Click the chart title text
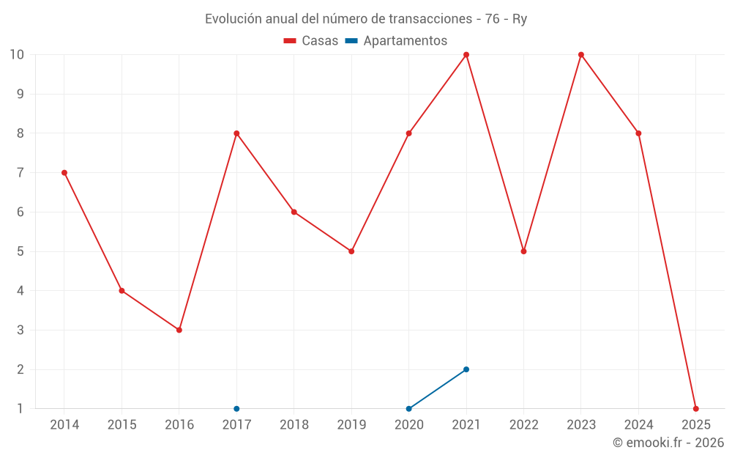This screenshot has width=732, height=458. tap(366, 19)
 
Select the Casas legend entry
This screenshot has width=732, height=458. tap(311, 41)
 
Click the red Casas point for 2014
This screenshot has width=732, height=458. tap(64, 173)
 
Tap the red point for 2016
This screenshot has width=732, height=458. tap(179, 330)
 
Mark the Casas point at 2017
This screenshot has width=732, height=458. tap(236, 133)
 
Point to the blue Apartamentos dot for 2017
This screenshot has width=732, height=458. tap(236, 409)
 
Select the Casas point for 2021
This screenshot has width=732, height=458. tap(466, 55)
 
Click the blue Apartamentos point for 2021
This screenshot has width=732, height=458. tap(466, 369)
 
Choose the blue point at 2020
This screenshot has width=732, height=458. tap(408, 409)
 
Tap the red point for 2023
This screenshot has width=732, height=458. tap(581, 55)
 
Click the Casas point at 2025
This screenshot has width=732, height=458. tap(696, 409)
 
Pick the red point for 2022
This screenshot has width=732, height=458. tap(523, 251)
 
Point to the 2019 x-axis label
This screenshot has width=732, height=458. tap(351, 425)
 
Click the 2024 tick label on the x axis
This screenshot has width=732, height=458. tap(638, 425)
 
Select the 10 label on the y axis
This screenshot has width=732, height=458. tap(17, 55)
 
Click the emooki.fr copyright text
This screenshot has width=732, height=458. tap(668, 443)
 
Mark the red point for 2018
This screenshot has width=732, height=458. tap(294, 212)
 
